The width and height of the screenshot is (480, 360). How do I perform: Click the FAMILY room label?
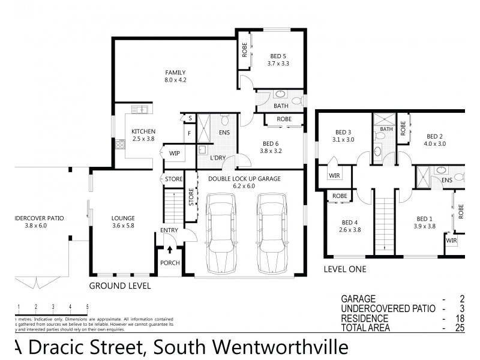click(175, 72)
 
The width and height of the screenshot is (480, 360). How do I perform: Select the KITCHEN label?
click(143, 131)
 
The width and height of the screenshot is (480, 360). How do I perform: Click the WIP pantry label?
click(175, 154)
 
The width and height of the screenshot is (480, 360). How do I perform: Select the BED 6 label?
click(271, 143)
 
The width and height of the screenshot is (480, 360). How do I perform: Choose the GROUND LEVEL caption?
click(120, 286)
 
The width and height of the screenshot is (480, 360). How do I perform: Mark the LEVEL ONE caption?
click(345, 269)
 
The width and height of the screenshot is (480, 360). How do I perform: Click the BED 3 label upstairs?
click(343, 132)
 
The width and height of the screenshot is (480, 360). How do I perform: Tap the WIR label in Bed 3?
click(334, 176)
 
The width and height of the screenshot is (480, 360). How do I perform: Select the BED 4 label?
click(349, 221)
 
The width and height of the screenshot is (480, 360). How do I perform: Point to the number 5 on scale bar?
click(88, 307)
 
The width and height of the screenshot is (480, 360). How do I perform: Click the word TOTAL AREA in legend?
click(365, 328)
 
